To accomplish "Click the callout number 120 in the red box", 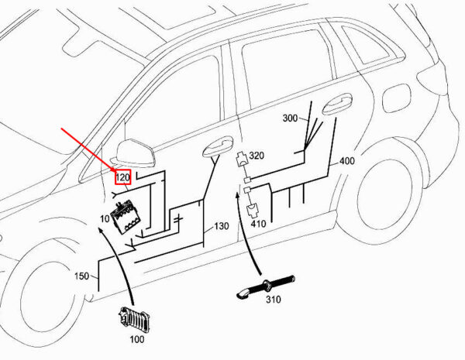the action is pos(122,178).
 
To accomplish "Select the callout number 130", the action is pos(222,226).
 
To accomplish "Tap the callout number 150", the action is pos(81,276).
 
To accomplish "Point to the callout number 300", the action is pos(290,118).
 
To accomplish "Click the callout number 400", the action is pos(347,161).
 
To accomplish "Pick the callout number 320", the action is pos(257,156).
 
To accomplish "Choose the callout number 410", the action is pos(258,224).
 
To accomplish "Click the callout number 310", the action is pos(273,300).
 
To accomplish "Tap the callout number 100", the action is pos(137,339).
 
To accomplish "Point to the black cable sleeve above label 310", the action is pos(266,286).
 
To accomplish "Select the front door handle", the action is pos(217,146).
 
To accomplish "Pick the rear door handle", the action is pos(337,105).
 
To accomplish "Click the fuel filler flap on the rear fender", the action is pos(397,98).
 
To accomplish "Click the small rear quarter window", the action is pos(365,43).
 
